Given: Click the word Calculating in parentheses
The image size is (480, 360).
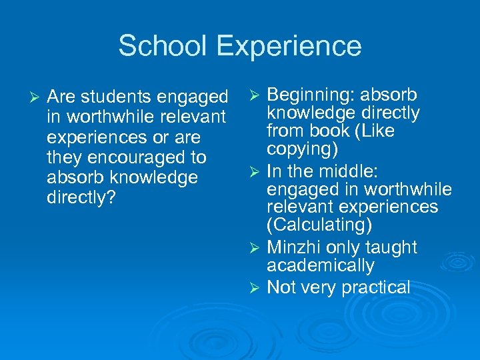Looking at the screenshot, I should (x=319, y=225).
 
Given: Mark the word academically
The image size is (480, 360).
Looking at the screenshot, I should (x=320, y=265).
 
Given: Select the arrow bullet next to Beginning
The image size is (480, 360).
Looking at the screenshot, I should (x=255, y=95).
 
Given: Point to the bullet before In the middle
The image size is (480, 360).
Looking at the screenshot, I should (x=255, y=171).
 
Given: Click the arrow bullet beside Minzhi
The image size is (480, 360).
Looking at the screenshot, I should (x=255, y=248).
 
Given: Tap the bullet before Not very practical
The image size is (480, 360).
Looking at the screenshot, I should (x=255, y=288).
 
